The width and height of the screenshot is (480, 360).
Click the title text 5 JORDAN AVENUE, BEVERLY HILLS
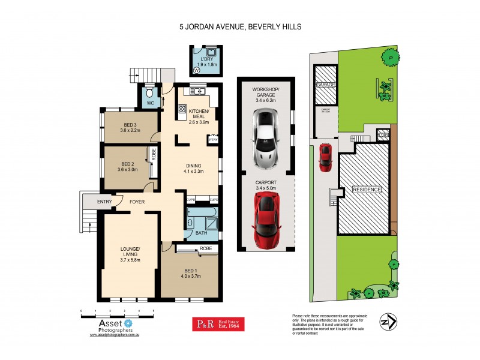[x=240, y=27]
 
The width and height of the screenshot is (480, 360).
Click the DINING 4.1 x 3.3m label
[x=194, y=169]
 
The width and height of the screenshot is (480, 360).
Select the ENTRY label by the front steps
[x=104, y=202]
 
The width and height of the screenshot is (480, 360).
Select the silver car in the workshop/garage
[x=265, y=140]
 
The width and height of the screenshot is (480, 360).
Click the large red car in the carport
[x=265, y=220]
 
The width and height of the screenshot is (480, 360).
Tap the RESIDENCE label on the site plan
[x=366, y=190]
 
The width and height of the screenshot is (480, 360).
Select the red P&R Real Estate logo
[x=218, y=324]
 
